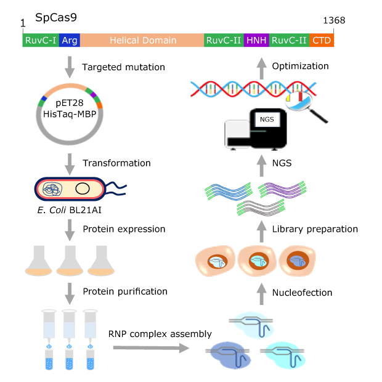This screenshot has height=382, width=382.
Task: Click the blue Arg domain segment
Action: click(70, 41)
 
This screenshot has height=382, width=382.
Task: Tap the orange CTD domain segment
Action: click(322, 41)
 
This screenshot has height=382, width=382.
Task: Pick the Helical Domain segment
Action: click(142, 41)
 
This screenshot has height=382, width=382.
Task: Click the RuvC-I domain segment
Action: click(41, 41)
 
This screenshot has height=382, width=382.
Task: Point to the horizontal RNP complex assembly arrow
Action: click(150, 348)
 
